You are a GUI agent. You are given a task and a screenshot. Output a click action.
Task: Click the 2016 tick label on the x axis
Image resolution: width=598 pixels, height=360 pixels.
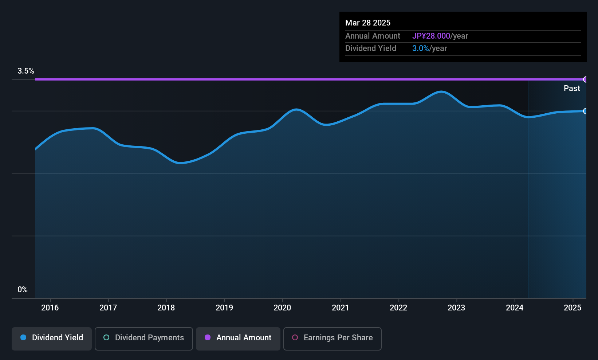50,308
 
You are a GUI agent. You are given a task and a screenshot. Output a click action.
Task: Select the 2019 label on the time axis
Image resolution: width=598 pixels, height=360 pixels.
224,308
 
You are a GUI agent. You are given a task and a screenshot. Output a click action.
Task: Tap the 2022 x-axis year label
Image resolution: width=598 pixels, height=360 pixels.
398,308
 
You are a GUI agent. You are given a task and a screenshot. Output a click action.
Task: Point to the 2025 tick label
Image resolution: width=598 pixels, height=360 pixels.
573,308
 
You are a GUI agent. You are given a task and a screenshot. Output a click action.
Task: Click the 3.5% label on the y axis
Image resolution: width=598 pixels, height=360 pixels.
25,71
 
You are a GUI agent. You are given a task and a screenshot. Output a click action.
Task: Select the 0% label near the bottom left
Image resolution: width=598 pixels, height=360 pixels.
23,290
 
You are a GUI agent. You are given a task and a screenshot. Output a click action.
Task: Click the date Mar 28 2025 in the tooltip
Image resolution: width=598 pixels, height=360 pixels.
368,23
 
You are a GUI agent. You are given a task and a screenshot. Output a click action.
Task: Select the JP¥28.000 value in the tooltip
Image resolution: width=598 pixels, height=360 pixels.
431,36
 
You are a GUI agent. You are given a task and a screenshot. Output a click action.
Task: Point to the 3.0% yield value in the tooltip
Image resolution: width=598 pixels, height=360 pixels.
421,48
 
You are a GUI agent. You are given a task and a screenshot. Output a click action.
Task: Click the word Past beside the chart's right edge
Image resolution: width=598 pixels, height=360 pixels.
572,88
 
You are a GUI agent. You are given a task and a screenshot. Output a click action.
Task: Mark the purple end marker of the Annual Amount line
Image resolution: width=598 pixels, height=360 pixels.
586,79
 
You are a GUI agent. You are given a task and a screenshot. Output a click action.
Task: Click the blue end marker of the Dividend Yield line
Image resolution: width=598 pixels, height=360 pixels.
586,111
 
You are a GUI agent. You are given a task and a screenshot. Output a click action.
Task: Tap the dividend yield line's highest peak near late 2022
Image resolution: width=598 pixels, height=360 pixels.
441,92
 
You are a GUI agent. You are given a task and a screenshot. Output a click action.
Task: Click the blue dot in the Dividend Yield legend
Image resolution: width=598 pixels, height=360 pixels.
23,337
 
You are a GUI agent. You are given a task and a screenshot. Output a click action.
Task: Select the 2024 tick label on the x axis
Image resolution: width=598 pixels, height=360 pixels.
515,308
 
